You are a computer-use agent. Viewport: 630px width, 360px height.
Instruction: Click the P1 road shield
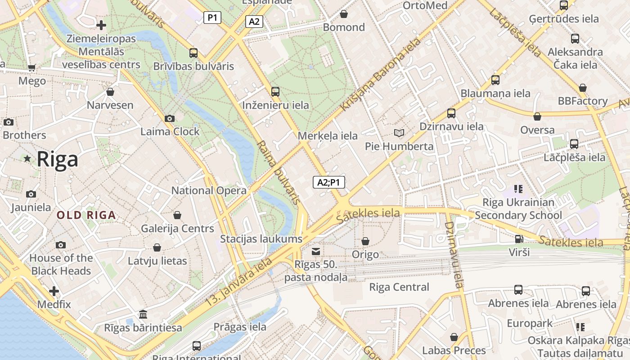[x=212, y=18]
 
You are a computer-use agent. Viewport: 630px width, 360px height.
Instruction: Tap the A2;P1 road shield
[x=329, y=182]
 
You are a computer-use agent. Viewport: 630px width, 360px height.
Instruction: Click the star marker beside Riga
[x=27, y=158]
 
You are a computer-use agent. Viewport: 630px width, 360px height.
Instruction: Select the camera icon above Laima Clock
[x=170, y=118]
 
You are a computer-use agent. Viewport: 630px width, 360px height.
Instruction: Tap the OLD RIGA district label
[x=86, y=215]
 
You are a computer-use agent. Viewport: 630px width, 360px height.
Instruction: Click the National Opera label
[x=209, y=190]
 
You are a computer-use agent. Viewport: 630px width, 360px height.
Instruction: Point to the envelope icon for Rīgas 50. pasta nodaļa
[x=316, y=251]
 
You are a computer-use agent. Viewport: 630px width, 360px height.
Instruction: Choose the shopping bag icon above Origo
[x=365, y=241]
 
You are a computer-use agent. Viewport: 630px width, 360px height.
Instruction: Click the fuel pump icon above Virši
[x=519, y=239]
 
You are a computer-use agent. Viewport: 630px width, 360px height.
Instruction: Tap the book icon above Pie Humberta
[x=399, y=133]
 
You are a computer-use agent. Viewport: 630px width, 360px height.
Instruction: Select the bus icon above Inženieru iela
[x=275, y=92]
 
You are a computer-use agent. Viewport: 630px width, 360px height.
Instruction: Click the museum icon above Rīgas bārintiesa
[x=143, y=314]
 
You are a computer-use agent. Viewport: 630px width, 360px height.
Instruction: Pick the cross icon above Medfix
[x=54, y=291]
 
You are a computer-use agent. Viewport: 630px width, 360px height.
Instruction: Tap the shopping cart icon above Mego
[x=32, y=68]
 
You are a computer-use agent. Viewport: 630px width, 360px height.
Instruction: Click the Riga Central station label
[x=399, y=287]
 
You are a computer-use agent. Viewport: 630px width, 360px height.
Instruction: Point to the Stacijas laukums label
[x=261, y=238]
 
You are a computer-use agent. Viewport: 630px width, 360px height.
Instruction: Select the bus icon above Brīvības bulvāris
[x=193, y=53]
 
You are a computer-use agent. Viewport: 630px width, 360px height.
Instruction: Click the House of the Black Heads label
[x=61, y=265]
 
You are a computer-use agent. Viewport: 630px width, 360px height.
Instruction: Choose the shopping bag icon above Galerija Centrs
[x=177, y=215]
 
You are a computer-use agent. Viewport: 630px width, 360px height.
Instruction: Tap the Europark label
[x=530, y=324]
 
